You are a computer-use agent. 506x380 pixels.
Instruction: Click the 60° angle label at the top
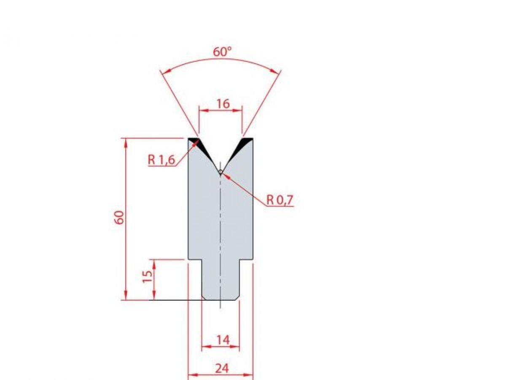(x=222, y=52)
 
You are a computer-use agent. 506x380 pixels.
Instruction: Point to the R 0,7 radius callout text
(x=280, y=200)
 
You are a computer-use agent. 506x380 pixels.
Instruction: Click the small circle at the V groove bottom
(x=221, y=171)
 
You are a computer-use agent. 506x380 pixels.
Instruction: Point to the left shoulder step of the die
(x=195, y=259)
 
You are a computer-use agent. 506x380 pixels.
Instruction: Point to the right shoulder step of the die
(x=246, y=259)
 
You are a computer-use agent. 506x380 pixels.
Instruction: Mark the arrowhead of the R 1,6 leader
(x=197, y=142)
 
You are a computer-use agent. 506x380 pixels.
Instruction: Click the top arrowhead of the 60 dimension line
(x=126, y=141)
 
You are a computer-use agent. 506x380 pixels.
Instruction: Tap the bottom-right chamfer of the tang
(x=237, y=298)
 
